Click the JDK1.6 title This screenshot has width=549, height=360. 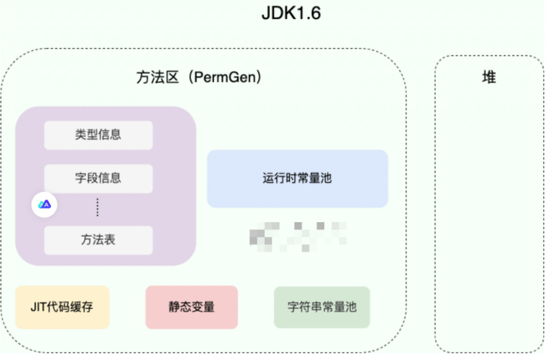tap(291, 13)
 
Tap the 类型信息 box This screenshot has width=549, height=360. tap(98, 135)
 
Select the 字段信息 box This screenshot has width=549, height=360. tap(98, 178)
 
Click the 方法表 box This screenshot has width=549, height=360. tap(98, 240)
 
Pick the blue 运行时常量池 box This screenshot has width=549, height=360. tap(297, 179)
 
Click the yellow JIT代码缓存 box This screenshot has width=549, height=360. tap(62, 307)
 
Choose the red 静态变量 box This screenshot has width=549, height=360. tap(191, 307)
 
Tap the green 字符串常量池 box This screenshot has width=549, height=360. tap(322, 307)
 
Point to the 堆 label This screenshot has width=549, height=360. tap(488, 78)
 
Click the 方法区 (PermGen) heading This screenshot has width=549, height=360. tap(199, 78)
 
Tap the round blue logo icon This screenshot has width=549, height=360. tap(44, 204)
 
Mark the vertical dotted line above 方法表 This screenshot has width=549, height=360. tap(98, 208)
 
